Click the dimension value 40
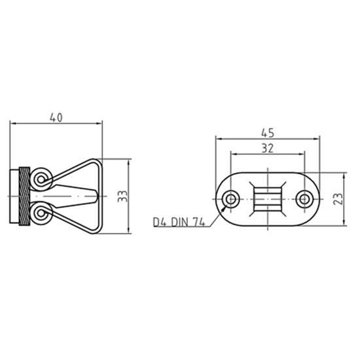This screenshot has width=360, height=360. coord(56,117)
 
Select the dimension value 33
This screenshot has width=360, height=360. coord(122,196)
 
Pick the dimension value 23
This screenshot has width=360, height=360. coord(338,199)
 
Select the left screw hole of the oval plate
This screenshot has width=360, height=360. coord(231,199)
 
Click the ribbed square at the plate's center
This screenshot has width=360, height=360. coord(268,199)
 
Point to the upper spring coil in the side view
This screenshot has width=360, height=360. coord(43,178)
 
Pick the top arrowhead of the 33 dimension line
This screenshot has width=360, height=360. coord(129,161)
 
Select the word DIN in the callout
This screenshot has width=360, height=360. coord(180,223)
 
